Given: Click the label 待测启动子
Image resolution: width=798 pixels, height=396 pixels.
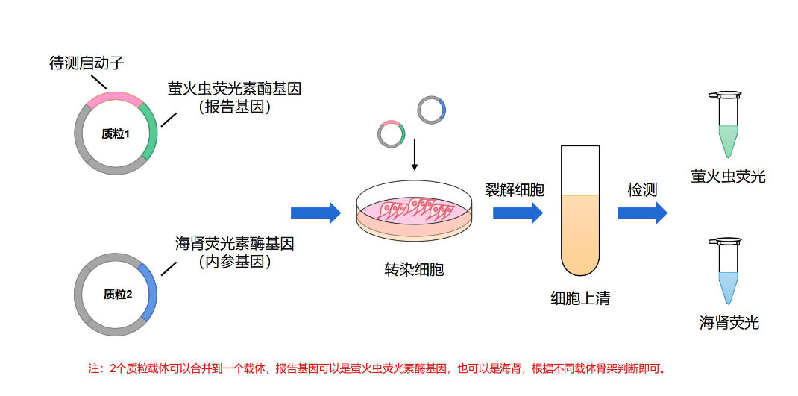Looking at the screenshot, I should click(x=86, y=63).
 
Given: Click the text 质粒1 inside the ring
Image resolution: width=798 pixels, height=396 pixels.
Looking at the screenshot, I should click(x=116, y=134).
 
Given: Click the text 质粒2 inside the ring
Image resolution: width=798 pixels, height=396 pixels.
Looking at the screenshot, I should click(x=117, y=294).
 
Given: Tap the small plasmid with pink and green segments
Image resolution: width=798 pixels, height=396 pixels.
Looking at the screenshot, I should click(x=391, y=133).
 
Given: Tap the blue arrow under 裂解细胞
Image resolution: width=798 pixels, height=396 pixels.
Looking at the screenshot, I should click(x=517, y=213).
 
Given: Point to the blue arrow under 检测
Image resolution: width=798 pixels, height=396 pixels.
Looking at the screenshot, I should click(x=641, y=213).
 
